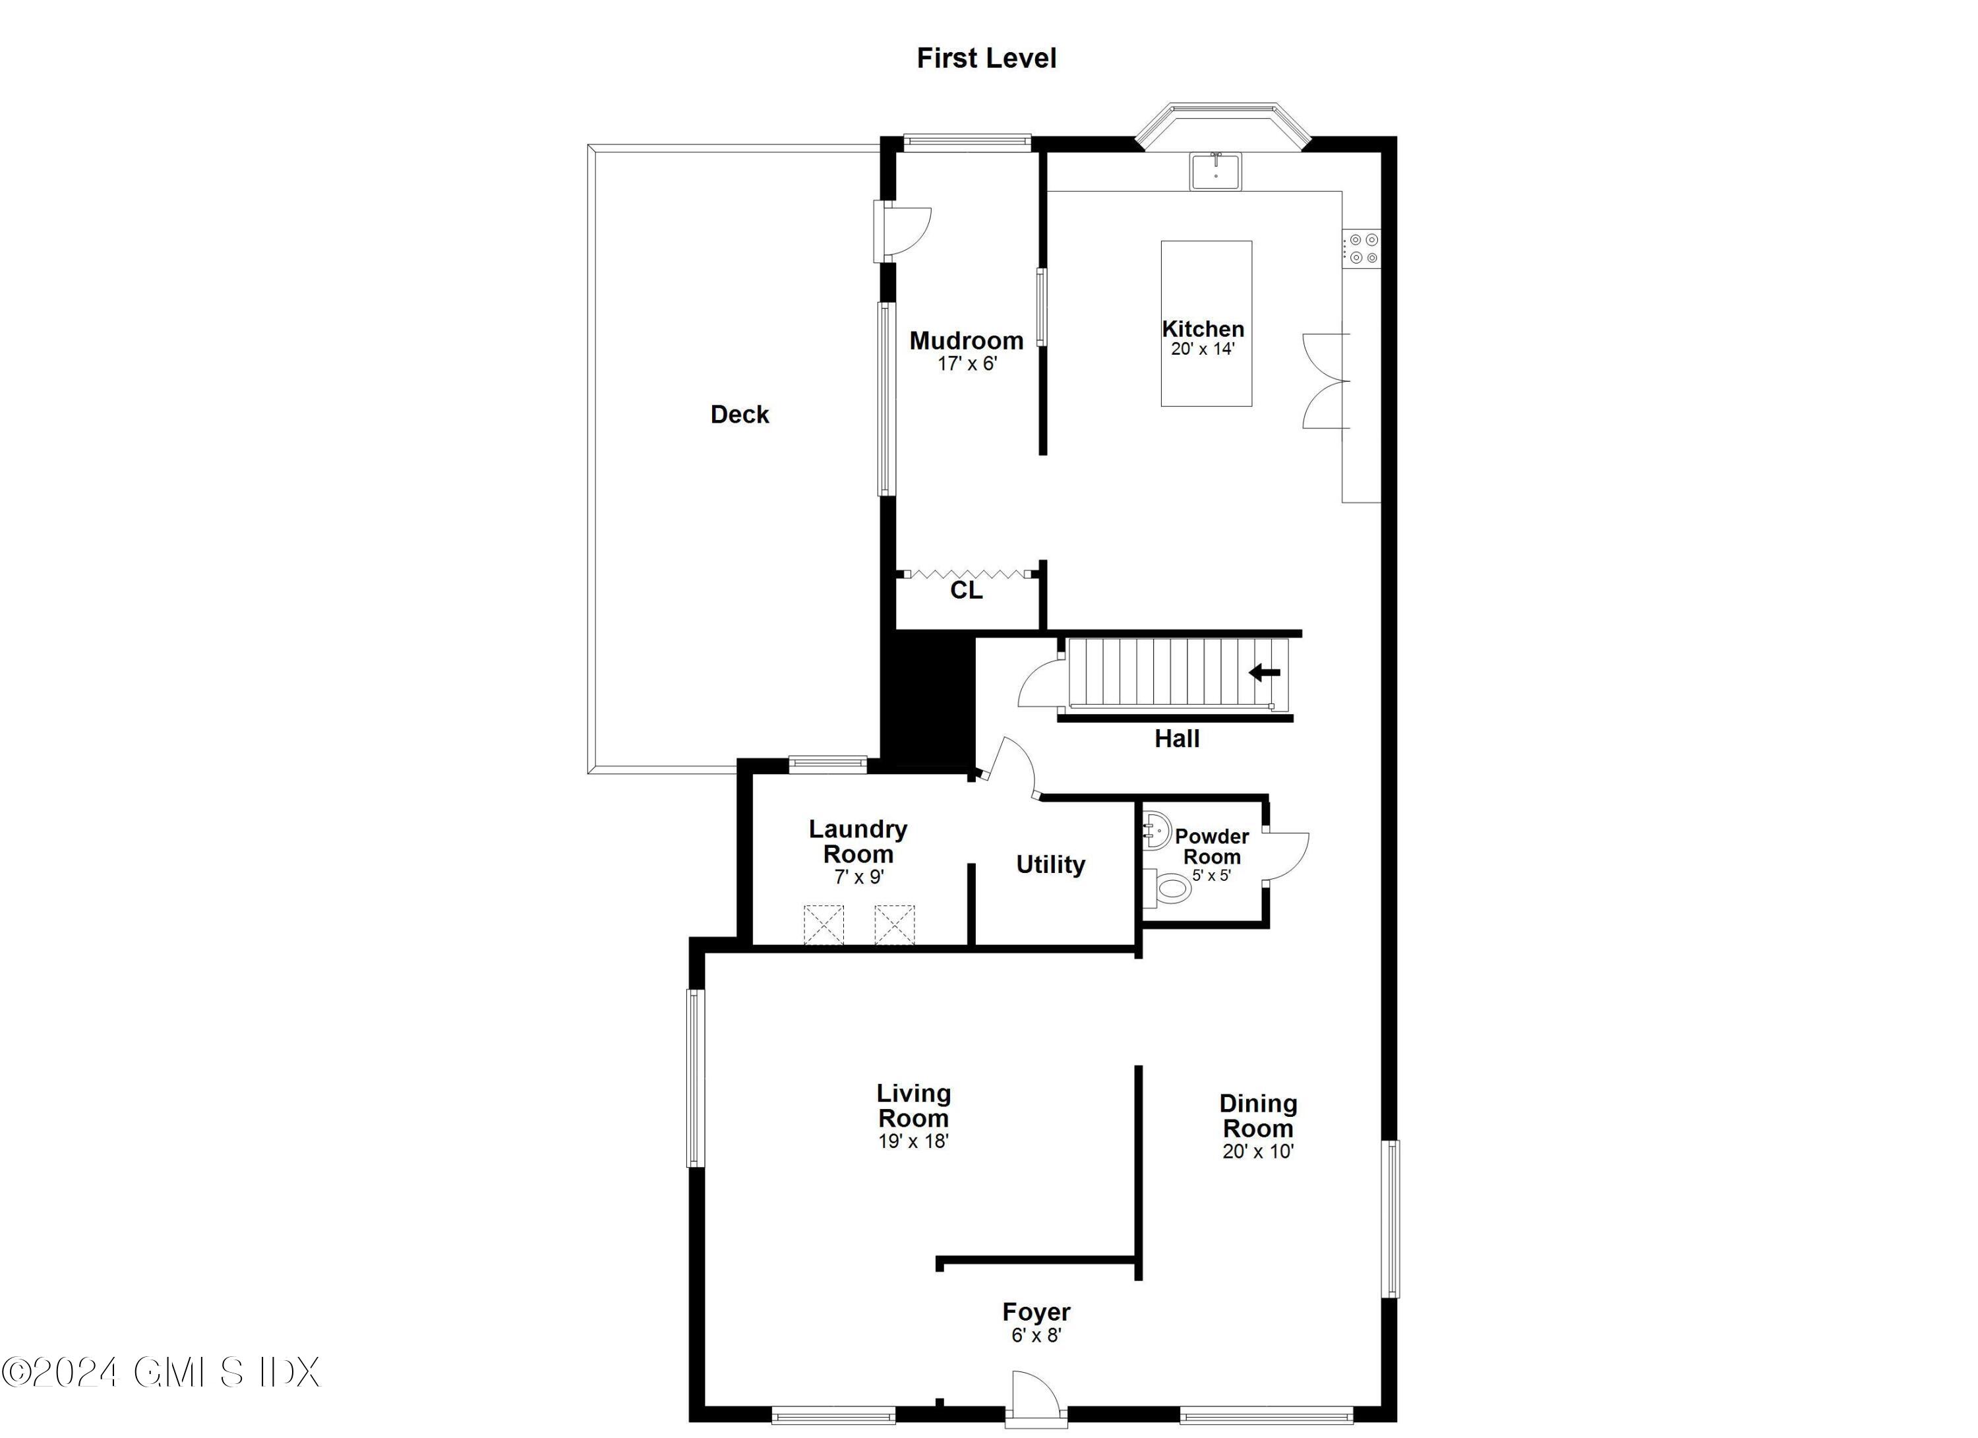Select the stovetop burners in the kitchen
tap(1362, 249)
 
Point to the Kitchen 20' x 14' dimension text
tap(1203, 349)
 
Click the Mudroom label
tap(967, 341)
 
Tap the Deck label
tap(740, 414)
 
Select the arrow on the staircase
tap(1265, 673)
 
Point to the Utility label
tap(1050, 865)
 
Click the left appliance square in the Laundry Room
tap(824, 924)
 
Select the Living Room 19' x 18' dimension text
tap(913, 1141)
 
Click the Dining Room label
tap(1257, 1116)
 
